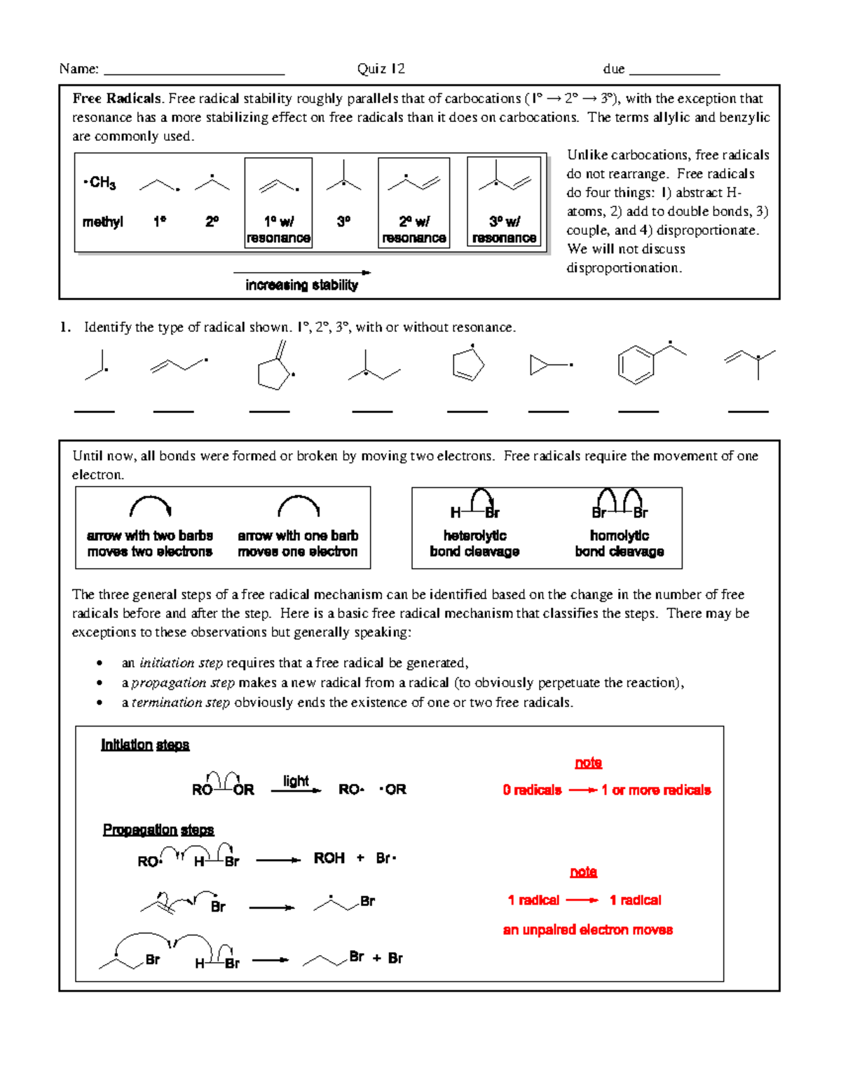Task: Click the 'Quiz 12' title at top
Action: [x=381, y=69]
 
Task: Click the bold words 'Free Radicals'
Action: [x=116, y=99]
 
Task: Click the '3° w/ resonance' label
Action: [x=504, y=230]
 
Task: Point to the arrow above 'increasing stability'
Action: [x=301, y=272]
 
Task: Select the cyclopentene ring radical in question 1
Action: [x=467, y=365]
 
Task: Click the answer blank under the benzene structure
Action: [x=638, y=412]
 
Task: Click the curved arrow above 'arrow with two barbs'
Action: [x=150, y=506]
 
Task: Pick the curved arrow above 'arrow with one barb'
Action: [x=299, y=506]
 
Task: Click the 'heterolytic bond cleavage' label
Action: [x=474, y=543]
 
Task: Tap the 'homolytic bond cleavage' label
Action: [x=620, y=543]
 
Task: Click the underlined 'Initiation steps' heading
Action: [x=145, y=745]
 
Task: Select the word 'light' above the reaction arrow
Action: [x=296, y=780]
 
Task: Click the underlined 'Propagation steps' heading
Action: [x=158, y=830]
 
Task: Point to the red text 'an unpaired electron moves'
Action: [x=587, y=930]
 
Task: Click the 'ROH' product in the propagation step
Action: [x=329, y=858]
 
